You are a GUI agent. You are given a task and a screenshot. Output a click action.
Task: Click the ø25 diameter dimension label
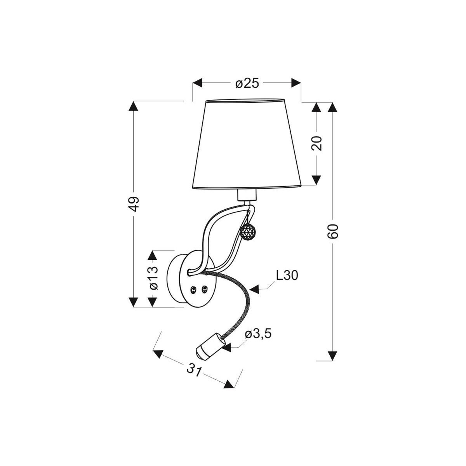[247, 83]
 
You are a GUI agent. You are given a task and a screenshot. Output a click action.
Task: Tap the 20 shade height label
[317, 143]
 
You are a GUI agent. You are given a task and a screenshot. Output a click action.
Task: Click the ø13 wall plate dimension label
[153, 278]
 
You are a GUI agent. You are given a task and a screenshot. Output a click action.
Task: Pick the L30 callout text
[287, 275]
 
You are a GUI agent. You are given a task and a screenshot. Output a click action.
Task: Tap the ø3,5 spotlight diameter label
[258, 334]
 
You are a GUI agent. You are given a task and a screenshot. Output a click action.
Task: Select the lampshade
[247, 144]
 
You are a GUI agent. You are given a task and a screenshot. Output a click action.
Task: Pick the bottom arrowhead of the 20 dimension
[317, 180]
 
